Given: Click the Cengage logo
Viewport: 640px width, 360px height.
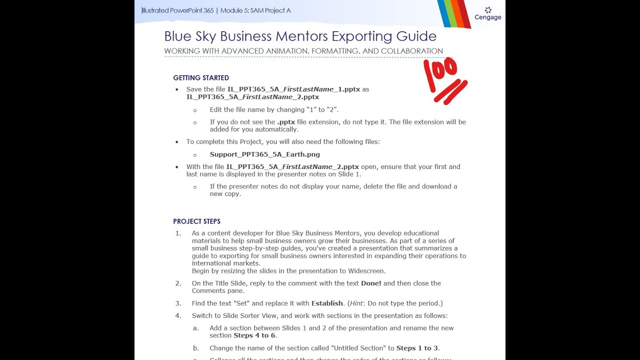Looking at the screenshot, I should [488, 14].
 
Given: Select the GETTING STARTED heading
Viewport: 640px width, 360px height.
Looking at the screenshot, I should [201, 78].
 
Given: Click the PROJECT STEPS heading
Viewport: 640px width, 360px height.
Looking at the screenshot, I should [196, 221].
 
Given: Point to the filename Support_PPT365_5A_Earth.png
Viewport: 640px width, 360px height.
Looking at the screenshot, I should [264, 154].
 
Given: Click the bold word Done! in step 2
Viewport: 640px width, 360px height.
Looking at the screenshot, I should [371, 283].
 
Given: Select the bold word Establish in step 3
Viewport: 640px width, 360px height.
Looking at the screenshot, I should [327, 303].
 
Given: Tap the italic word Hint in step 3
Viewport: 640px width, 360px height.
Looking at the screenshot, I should [356, 303].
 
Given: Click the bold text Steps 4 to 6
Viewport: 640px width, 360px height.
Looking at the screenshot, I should [254, 335].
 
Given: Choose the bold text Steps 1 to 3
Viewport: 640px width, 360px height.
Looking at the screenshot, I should [417, 348].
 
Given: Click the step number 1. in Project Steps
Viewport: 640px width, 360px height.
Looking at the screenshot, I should [178, 233].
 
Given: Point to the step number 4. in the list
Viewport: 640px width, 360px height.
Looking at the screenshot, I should [178, 316].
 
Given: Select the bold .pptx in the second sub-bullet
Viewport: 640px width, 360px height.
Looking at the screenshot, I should [286, 122].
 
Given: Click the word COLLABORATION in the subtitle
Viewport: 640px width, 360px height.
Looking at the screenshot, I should [411, 51].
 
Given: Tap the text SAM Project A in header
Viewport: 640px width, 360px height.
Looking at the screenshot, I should [270, 10].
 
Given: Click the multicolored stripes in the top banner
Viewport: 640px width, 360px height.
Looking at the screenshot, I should [453, 13].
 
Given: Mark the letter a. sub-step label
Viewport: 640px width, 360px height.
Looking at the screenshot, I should [196, 328].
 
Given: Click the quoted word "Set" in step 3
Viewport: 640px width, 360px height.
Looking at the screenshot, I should [241, 303].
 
